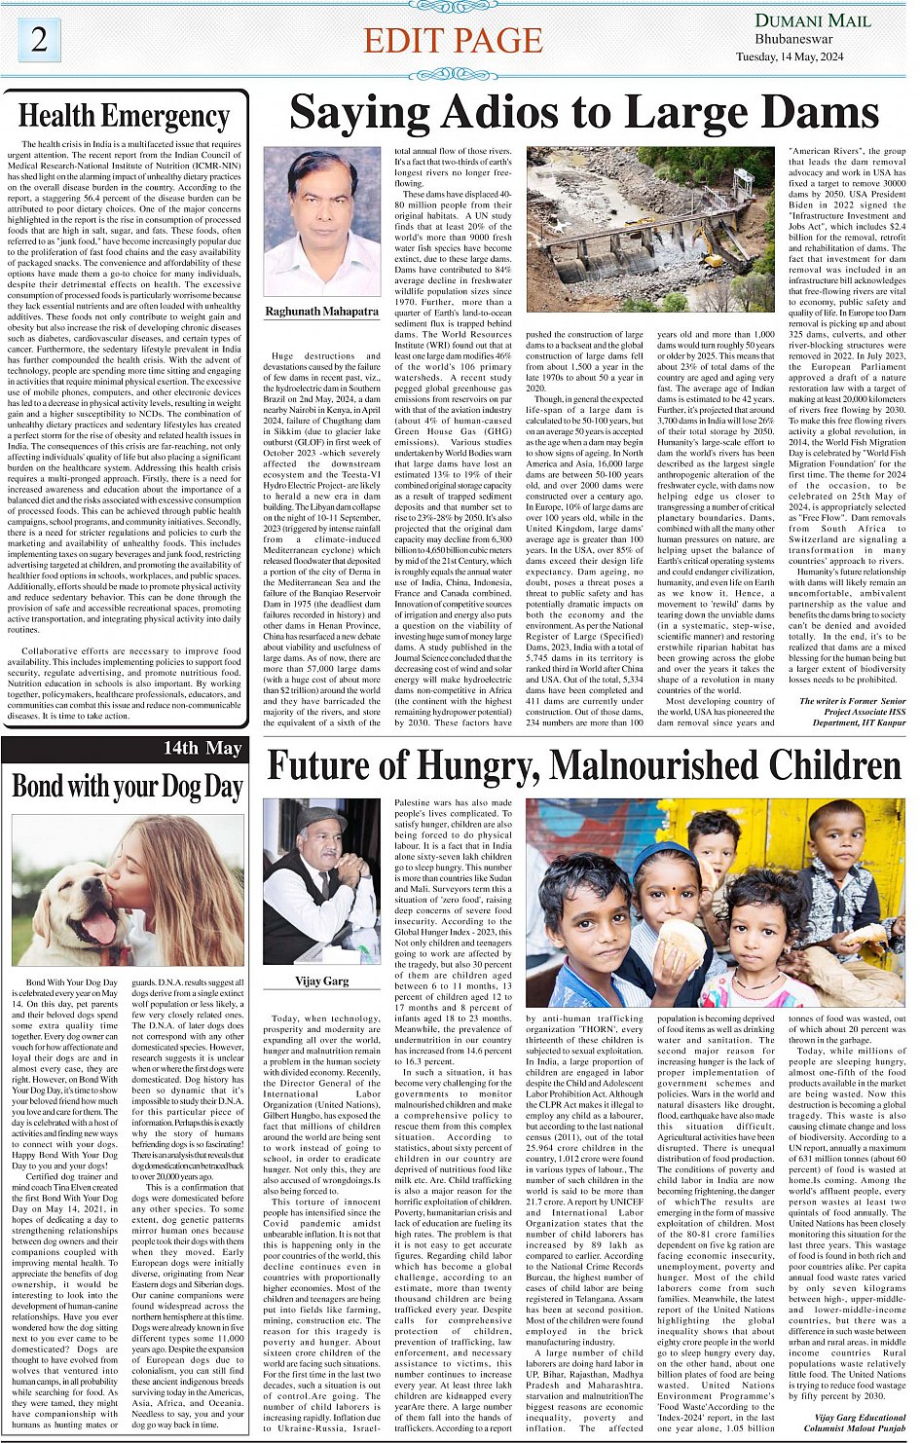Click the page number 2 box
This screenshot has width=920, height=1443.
tap(39, 40)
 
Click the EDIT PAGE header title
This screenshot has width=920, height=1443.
tap(453, 40)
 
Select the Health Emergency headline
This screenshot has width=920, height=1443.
tap(125, 116)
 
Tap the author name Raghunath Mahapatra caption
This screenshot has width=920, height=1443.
tap(321, 312)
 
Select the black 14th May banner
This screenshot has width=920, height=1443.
tap(125, 748)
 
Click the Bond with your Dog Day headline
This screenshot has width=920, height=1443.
tap(127, 786)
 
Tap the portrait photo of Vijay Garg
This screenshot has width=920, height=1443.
tap(321, 881)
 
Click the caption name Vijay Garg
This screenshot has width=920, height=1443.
tap(321, 980)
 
